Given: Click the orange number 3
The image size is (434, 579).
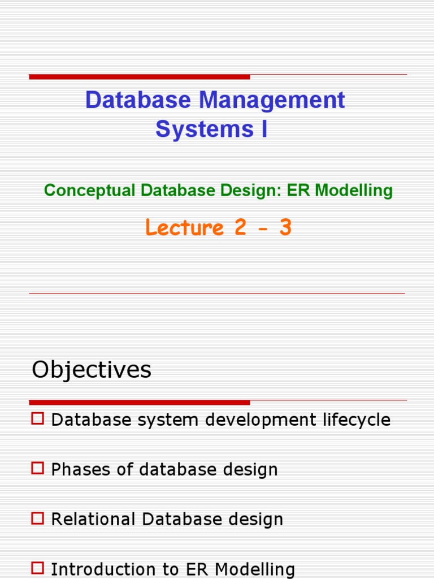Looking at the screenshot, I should (285, 228).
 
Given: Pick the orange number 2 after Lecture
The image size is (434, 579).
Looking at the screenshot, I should (240, 228).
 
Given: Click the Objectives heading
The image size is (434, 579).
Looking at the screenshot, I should (92, 370).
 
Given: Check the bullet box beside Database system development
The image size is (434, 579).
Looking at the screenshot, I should (38, 419).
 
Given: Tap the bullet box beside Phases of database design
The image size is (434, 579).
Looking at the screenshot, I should (38, 469).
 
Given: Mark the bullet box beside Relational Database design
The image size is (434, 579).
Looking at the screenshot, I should (38, 518).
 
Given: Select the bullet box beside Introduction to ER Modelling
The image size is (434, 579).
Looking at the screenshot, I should (38, 568).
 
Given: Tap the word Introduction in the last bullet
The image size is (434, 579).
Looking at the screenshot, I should (97, 569).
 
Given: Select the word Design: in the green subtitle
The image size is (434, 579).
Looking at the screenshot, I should (255, 191).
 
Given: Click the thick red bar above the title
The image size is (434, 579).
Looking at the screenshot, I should (140, 76).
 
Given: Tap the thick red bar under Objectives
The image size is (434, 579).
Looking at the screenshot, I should (140, 403).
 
